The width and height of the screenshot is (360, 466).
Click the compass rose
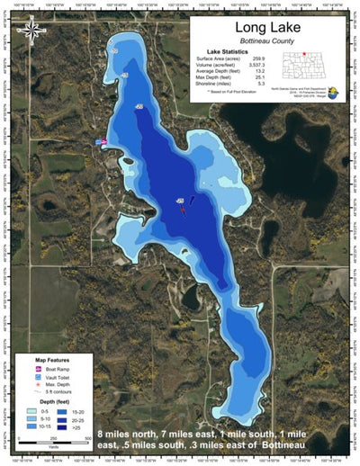tap(32, 32)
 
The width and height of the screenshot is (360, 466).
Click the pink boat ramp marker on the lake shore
tap(104, 142)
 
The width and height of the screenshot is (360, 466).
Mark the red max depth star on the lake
tap(183, 208)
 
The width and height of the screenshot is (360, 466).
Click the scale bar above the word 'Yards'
tap(54, 435)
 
